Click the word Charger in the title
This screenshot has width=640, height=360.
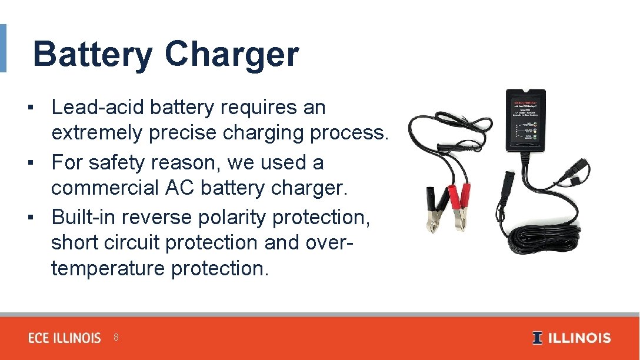click(231, 54)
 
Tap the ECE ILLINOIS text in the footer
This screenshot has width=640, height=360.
click(65, 338)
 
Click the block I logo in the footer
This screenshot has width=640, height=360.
click(537, 338)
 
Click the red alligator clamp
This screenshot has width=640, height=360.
click(459, 203)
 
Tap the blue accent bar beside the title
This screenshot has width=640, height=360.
click(3, 48)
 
